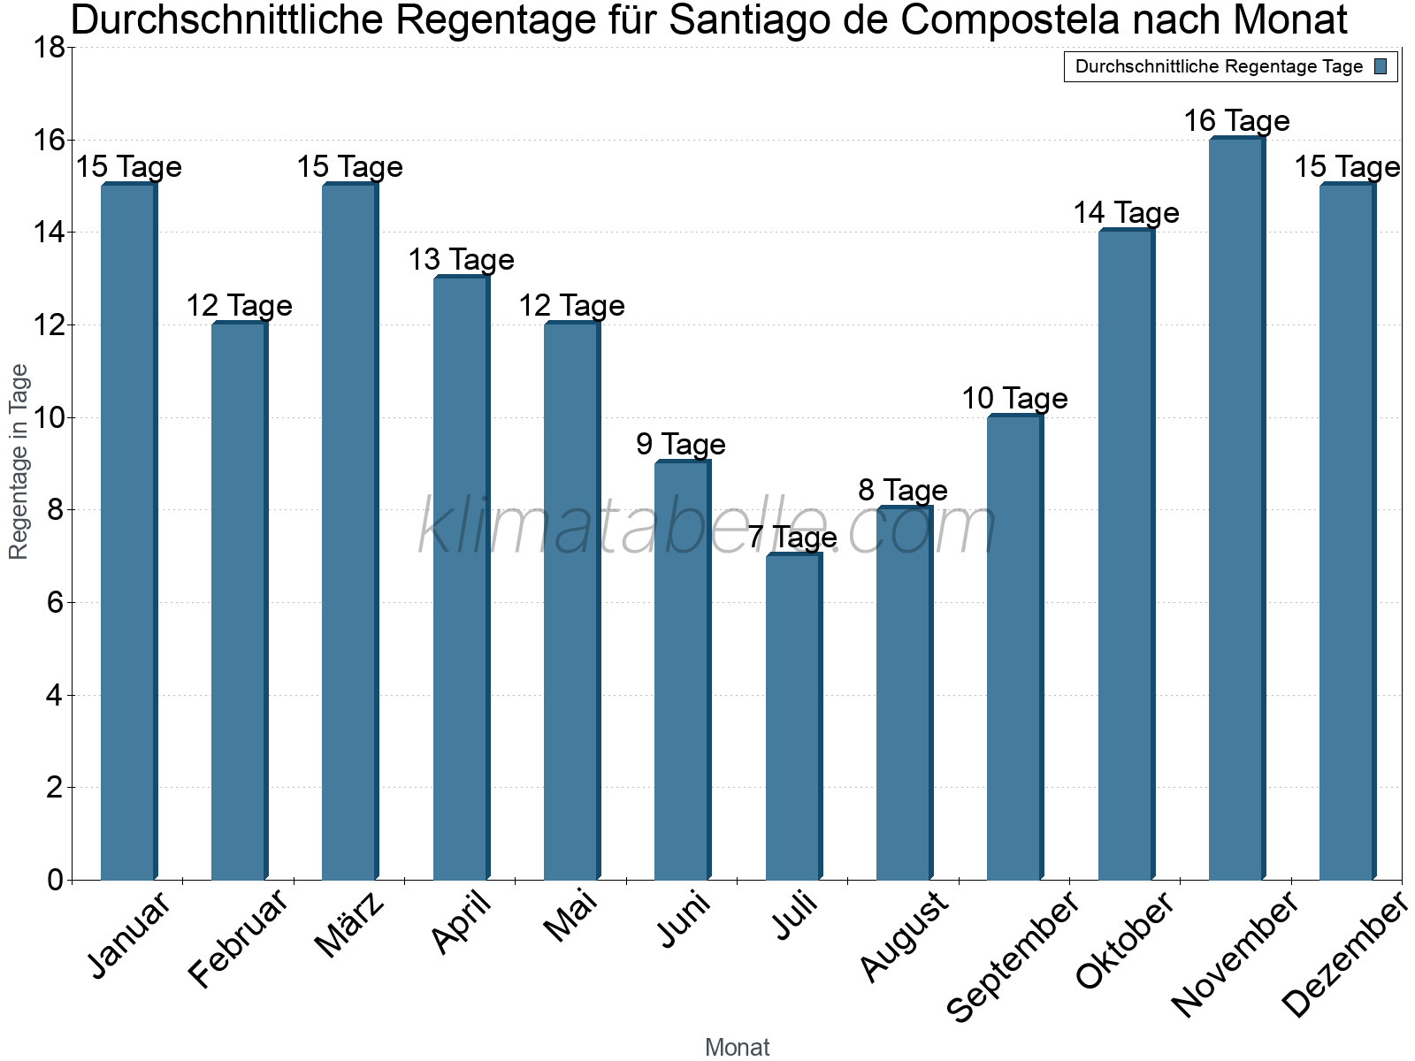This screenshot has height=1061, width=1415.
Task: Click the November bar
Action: tap(1236, 508)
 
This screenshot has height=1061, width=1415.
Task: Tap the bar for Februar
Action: tap(239, 601)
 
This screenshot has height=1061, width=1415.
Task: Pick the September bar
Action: tap(1014, 647)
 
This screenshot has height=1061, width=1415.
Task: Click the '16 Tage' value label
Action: tap(1236, 120)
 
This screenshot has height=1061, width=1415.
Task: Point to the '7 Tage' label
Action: tap(792, 537)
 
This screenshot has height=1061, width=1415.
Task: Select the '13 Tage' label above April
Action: tap(461, 259)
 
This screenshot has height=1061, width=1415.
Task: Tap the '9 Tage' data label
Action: tap(681, 444)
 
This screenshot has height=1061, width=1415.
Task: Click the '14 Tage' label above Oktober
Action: tap(1126, 212)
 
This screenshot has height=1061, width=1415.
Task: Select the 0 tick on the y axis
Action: tap(56, 880)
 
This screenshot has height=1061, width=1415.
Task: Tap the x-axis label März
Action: tap(350, 925)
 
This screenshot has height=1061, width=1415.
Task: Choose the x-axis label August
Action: tap(904, 935)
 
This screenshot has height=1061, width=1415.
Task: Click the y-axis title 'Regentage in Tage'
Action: tap(19, 462)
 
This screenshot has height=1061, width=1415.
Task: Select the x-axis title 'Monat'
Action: tap(737, 1047)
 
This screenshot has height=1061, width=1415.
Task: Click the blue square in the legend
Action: tap(1381, 66)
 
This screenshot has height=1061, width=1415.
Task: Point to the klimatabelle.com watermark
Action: tap(707, 528)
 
